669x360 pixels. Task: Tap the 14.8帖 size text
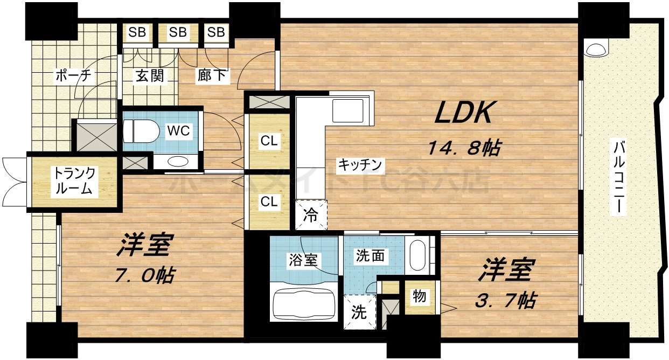coord(463,147)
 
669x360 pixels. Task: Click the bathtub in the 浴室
coord(305,304)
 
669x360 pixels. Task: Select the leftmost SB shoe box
coord(137,32)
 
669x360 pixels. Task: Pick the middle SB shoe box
coord(178,32)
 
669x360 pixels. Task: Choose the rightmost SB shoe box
coord(216,32)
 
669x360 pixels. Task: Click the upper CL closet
coord(269,141)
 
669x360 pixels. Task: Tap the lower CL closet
coord(269,202)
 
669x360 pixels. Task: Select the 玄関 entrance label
coord(149,76)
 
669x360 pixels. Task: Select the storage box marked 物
coord(419,296)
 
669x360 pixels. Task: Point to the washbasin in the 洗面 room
coord(418,255)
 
